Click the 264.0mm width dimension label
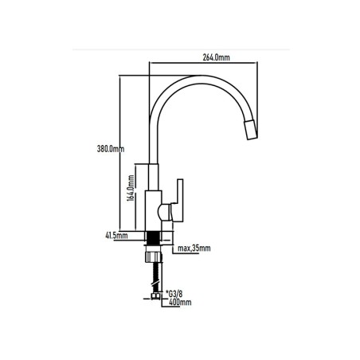(216, 57)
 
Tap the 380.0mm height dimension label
(111, 149)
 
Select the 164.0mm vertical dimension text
(131, 188)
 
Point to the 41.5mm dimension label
(116, 236)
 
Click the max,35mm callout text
(194, 248)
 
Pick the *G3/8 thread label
(174, 294)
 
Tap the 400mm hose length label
(180, 302)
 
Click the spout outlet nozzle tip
(251, 129)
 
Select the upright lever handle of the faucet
(178, 200)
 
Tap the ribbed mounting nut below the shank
(154, 256)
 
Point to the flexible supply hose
(156, 277)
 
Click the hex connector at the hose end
(155, 296)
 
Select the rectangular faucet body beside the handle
(154, 211)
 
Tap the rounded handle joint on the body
(165, 213)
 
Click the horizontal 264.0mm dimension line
(203, 63)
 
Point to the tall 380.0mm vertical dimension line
(119, 154)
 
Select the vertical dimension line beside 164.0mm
(136, 198)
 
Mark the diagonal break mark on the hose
(155, 284)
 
